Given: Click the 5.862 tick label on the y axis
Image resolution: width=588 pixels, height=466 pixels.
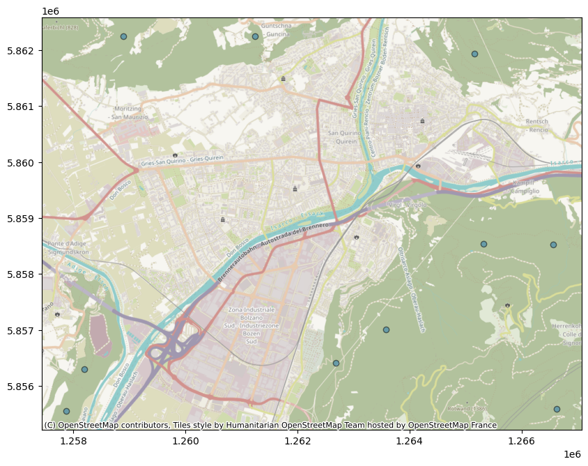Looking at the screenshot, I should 20,51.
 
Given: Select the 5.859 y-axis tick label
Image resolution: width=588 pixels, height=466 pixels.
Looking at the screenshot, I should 20,219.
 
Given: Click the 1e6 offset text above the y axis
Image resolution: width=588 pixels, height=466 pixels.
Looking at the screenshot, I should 50,11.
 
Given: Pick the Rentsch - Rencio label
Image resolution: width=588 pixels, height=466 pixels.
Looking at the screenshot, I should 537,125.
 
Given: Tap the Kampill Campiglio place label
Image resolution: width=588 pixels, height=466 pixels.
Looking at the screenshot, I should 522,187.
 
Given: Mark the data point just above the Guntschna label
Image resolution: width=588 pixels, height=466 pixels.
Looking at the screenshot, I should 255,36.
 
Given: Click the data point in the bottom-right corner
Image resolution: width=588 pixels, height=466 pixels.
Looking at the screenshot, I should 557,409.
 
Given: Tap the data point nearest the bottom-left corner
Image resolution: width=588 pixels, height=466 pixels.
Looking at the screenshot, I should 66,411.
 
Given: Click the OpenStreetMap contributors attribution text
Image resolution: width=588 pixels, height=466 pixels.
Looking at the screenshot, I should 270,425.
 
